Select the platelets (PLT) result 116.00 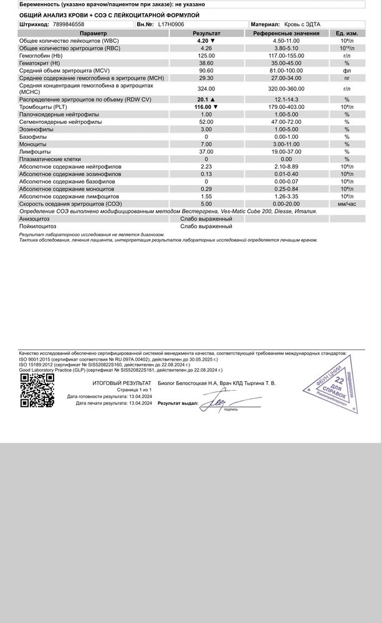click(203, 107)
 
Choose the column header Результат click(206, 32)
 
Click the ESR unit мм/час click(346, 204)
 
